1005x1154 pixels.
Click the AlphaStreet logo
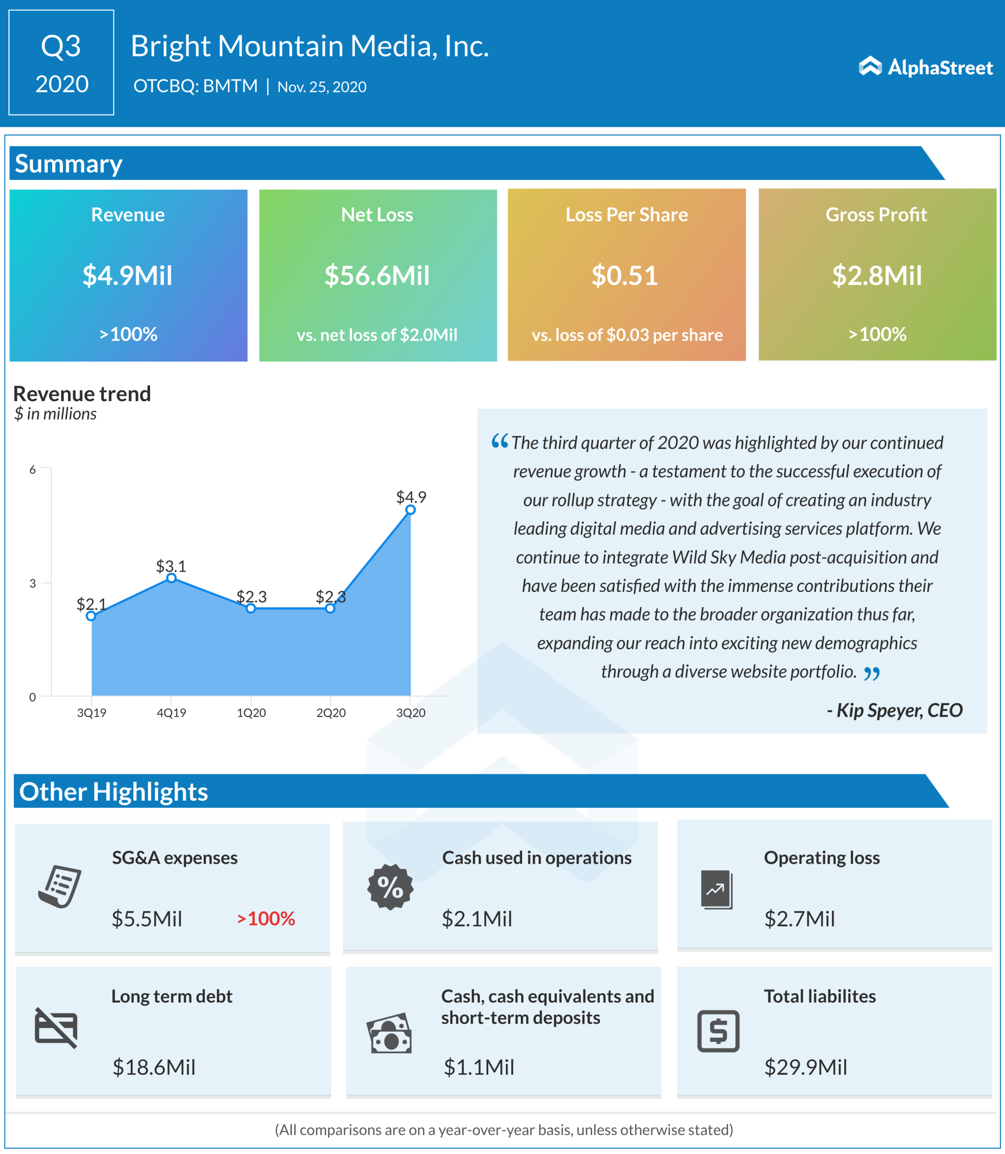pyautogui.click(x=925, y=67)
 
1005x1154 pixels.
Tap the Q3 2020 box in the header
pyautogui.click(x=61, y=62)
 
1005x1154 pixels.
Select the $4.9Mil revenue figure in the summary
pyautogui.click(x=127, y=275)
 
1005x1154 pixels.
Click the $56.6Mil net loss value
pyautogui.click(x=377, y=275)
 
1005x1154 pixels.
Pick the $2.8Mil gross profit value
pyautogui.click(x=876, y=275)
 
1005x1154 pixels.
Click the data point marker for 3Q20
pyautogui.click(x=410, y=510)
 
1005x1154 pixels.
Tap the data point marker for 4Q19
pyautogui.click(x=172, y=578)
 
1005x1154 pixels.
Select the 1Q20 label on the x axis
pyautogui.click(x=251, y=713)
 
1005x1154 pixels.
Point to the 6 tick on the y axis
pyautogui.click(x=32, y=470)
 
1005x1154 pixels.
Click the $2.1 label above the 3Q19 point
pyautogui.click(x=91, y=604)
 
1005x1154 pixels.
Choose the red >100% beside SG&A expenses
pyautogui.click(x=266, y=919)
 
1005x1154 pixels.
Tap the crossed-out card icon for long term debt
pyautogui.click(x=56, y=1028)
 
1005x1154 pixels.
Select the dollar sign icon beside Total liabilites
pyautogui.click(x=718, y=1031)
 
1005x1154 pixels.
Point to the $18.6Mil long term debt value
pyautogui.click(x=154, y=1067)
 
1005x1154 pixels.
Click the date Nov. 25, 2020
pyautogui.click(x=322, y=87)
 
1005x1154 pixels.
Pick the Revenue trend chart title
pyautogui.click(x=82, y=394)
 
